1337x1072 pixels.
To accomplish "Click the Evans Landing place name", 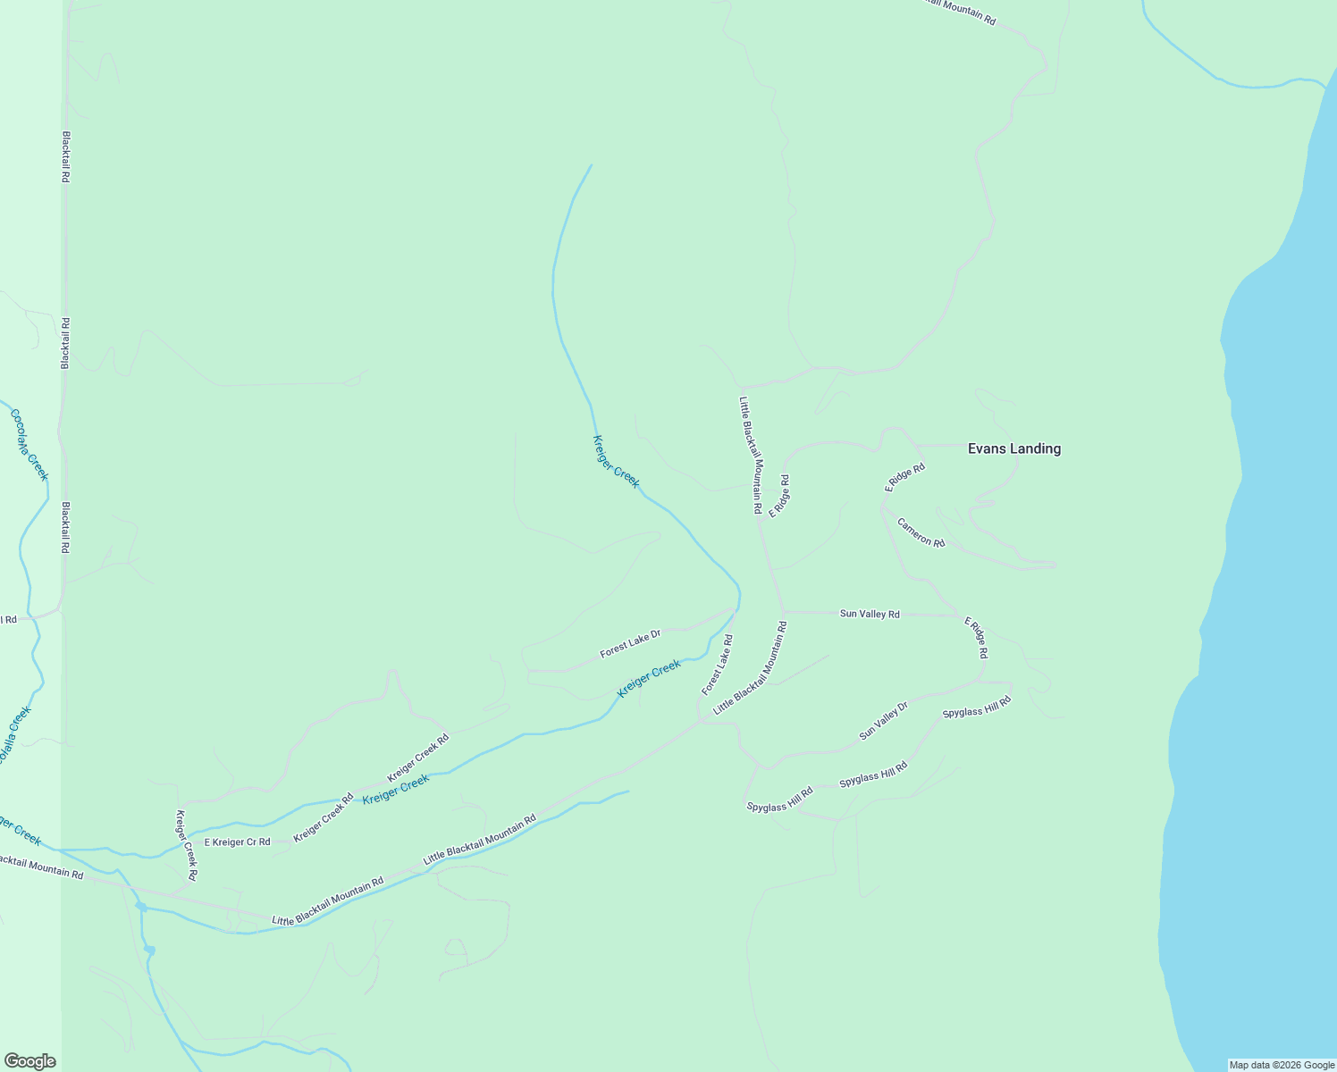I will (1014, 448).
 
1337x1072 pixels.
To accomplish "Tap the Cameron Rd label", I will (921, 532).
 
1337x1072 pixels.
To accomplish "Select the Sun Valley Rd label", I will (870, 614).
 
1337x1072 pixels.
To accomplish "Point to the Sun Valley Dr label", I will (883, 721).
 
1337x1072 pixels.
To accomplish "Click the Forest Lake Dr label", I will (630, 643).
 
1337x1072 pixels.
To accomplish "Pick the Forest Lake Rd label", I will (718, 665).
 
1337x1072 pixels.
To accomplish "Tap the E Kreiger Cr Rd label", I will (237, 842).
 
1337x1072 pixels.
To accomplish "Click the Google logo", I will (30, 1061).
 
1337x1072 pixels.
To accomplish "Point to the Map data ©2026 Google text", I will (1281, 1065).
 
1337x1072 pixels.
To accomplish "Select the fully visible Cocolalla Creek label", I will (29, 445).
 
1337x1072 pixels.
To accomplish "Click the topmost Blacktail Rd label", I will (65, 157).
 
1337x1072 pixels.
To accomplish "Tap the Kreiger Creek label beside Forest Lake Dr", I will (649, 679).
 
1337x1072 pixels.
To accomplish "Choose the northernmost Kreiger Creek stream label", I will (617, 462).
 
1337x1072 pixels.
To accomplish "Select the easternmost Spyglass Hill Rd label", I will (976, 707).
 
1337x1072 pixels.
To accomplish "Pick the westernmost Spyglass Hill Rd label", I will (779, 800).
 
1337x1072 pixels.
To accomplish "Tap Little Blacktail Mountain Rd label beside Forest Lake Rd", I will (751, 667).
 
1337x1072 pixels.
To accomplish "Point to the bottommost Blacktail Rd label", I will (65, 527).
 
